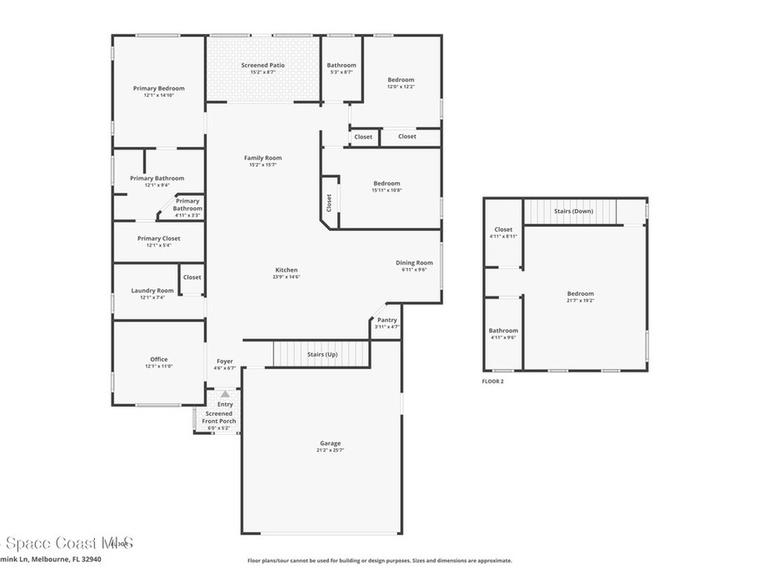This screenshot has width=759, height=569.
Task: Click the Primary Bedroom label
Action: click(159, 88)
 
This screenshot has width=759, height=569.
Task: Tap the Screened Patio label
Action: click(263, 65)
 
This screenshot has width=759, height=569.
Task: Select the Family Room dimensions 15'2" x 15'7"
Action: click(263, 165)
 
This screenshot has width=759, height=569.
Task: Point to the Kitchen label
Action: click(286, 270)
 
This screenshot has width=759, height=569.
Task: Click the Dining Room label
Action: click(414, 263)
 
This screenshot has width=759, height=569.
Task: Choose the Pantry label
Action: click(387, 320)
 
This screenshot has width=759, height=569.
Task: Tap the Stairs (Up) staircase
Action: click(322, 354)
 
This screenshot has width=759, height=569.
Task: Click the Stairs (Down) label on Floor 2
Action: click(574, 211)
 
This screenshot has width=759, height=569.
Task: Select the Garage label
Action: click(331, 443)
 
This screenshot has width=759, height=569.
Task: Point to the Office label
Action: click(159, 359)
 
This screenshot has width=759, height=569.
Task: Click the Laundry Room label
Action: click(153, 290)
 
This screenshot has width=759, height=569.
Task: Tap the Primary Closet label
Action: click(159, 239)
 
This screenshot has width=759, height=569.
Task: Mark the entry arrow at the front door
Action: click(225, 394)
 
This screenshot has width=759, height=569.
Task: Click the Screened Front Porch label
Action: click(219, 417)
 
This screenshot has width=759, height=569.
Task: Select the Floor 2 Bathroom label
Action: click(503, 330)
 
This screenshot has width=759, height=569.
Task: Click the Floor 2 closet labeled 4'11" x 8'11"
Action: click(503, 233)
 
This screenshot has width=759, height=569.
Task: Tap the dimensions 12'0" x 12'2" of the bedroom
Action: click(401, 87)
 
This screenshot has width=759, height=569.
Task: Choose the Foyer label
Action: click(225, 362)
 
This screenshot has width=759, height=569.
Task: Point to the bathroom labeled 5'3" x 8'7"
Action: click(342, 68)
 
